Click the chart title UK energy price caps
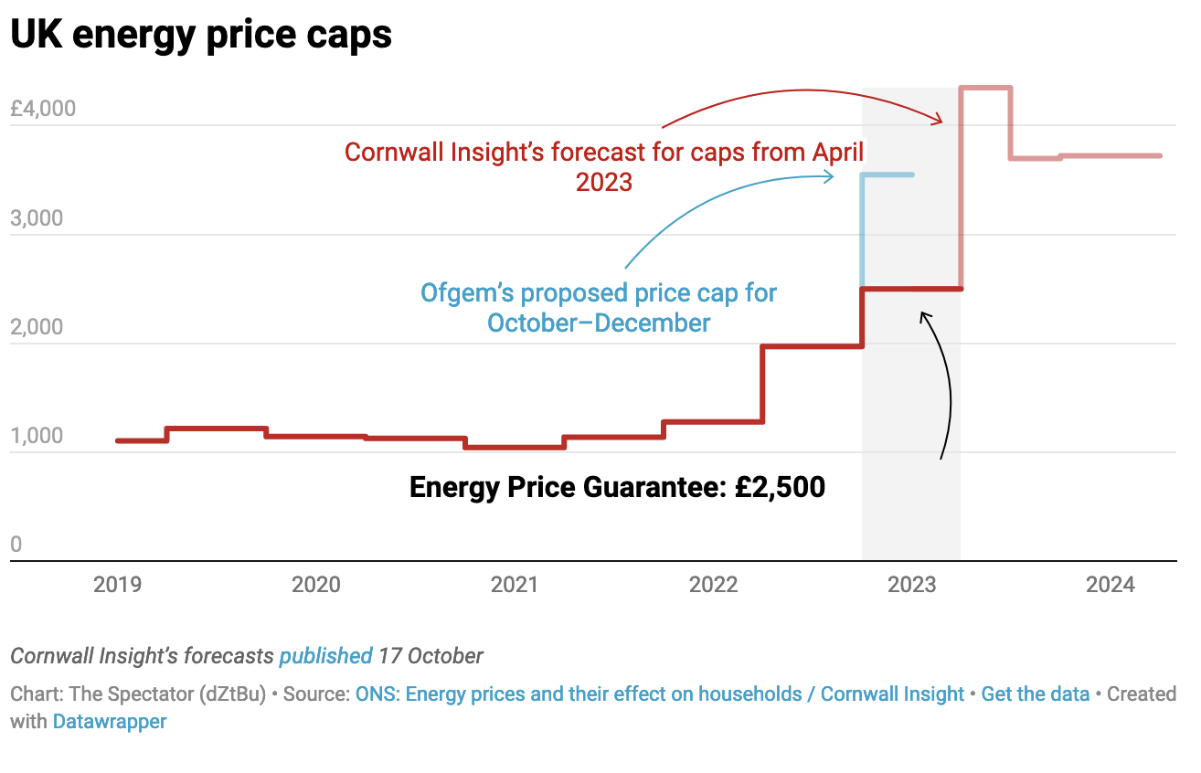click(201, 35)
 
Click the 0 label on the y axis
click(16, 545)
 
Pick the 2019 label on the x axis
click(118, 585)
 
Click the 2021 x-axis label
click(515, 585)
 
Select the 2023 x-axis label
click(912, 585)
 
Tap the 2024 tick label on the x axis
click(1111, 585)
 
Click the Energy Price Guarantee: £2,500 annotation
click(617, 487)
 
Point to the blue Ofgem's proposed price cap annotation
click(599, 308)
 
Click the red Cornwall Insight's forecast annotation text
click(604, 165)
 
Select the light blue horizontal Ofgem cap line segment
click(887, 175)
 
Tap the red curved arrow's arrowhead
click(940, 119)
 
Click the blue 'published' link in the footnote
click(325, 656)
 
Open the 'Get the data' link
click(1035, 694)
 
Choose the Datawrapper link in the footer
click(110, 722)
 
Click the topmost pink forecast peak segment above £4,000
click(985, 88)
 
